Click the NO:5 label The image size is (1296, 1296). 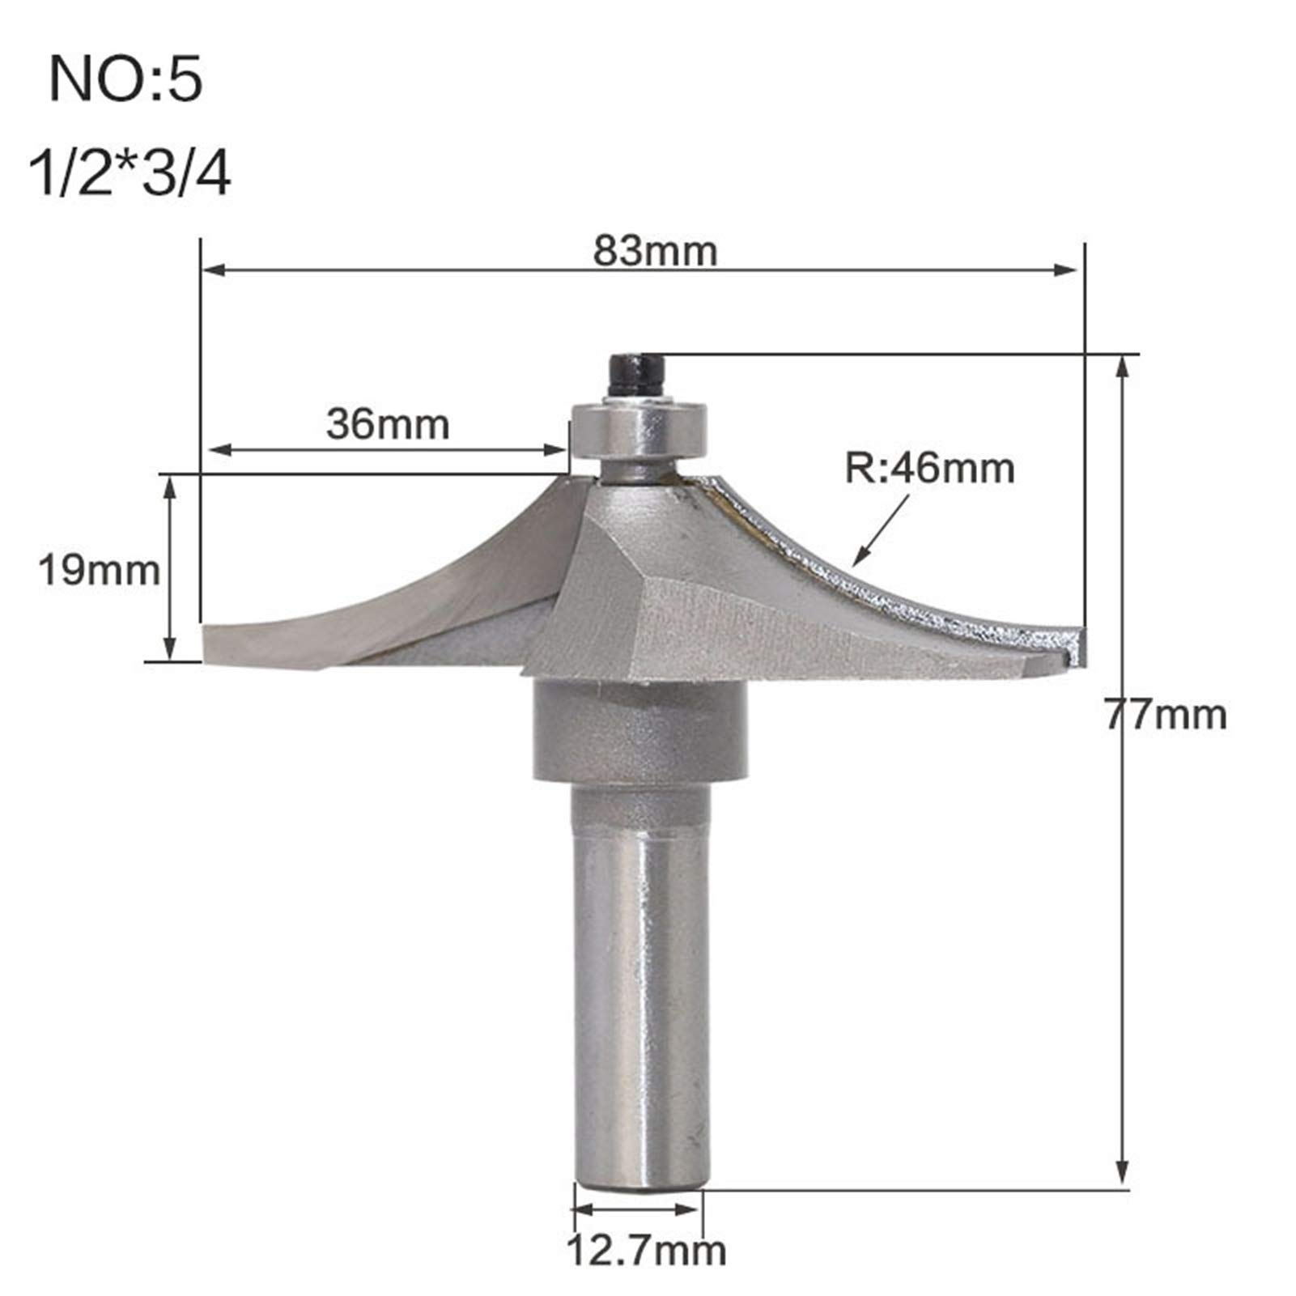(125, 79)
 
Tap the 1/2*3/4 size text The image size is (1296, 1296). (130, 176)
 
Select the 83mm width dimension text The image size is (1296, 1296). (655, 251)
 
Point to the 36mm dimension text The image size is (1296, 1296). (388, 424)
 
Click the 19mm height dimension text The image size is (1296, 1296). (99, 571)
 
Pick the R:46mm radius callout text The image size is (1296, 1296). (929, 469)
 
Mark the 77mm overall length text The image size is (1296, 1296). (1166, 715)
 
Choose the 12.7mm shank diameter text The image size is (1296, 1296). (645, 1251)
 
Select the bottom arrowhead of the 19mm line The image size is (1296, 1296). (169, 651)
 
